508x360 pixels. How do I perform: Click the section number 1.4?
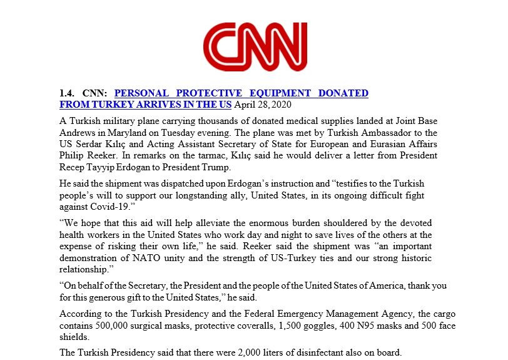click(68, 93)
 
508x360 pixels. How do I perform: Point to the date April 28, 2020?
click(263, 104)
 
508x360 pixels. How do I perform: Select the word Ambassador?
click(375, 133)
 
